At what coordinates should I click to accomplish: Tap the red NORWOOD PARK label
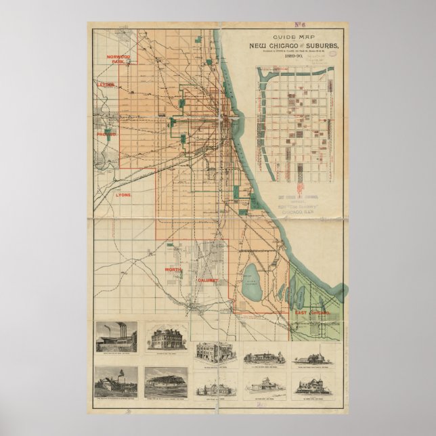click(x=112, y=59)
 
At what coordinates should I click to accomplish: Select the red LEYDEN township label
click(x=106, y=85)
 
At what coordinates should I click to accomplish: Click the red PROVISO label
click(x=106, y=135)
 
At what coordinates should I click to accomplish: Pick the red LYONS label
click(x=124, y=194)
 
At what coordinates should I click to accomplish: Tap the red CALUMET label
click(x=205, y=280)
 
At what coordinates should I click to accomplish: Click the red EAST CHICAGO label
click(x=311, y=313)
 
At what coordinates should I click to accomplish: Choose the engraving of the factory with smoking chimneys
click(x=116, y=336)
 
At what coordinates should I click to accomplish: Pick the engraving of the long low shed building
click(x=166, y=383)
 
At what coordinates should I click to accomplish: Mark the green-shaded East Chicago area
click(x=311, y=298)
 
